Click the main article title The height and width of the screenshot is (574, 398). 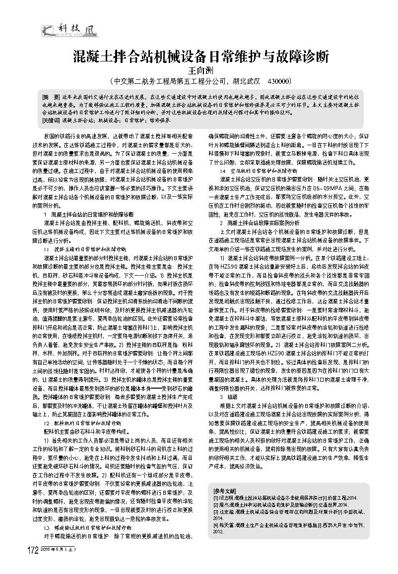200,56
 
